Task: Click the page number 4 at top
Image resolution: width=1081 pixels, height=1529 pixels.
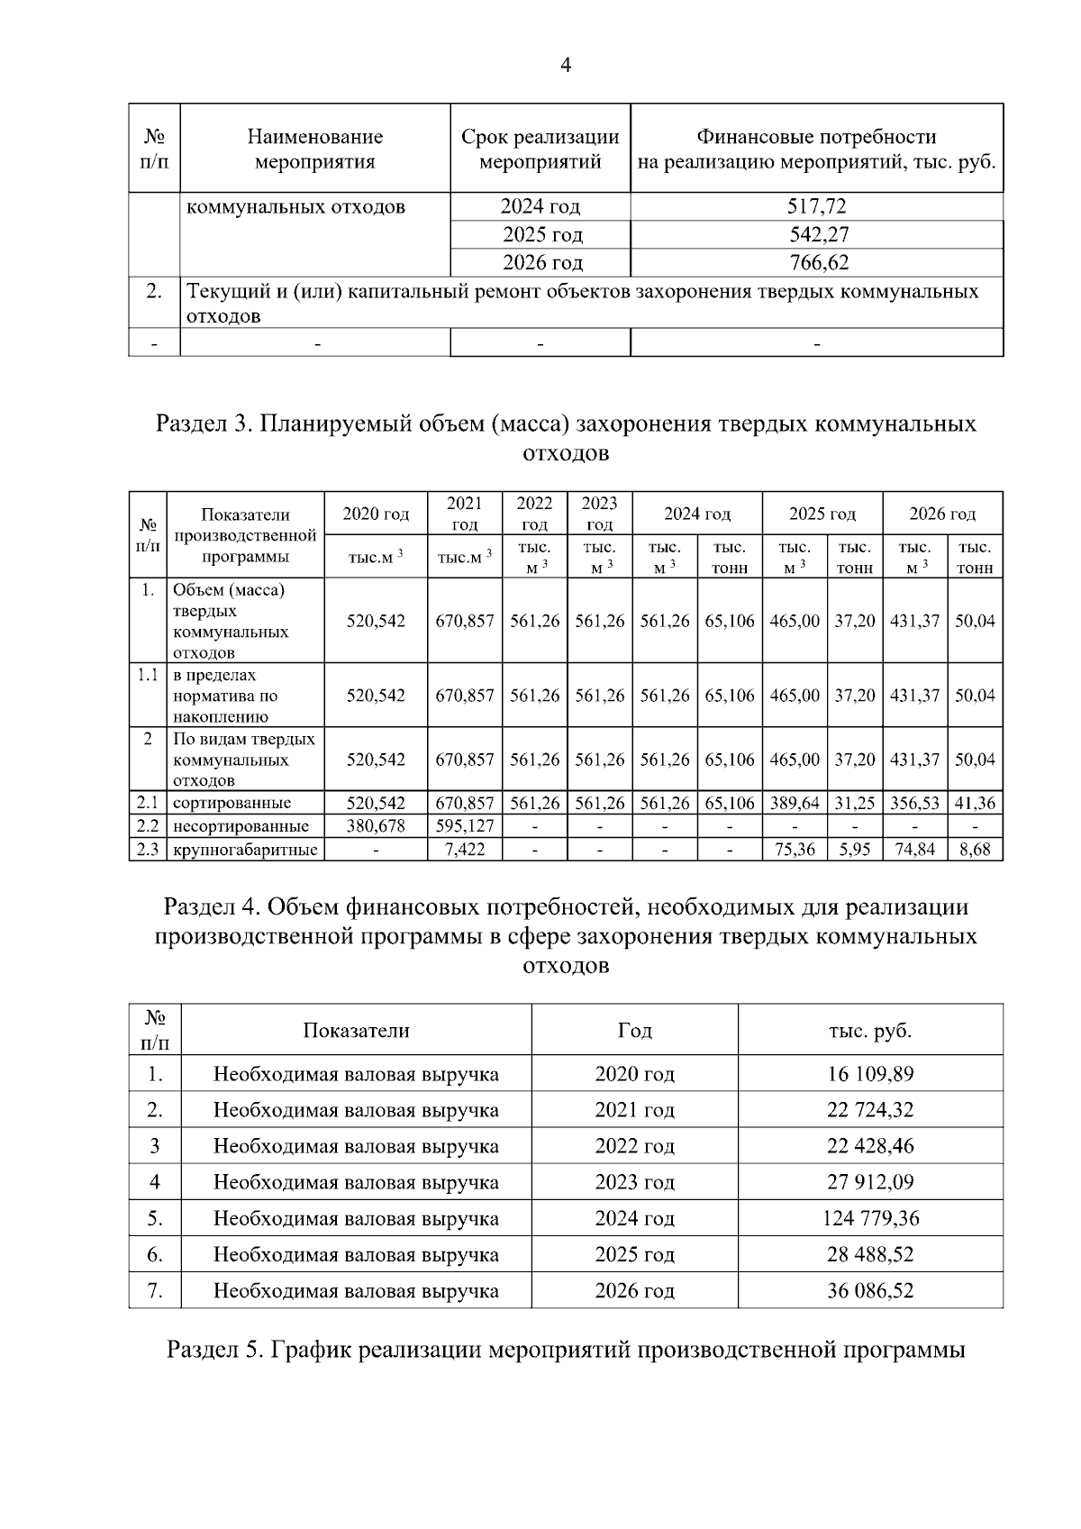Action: [x=566, y=65]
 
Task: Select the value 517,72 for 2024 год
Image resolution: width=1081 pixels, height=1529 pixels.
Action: [x=816, y=206]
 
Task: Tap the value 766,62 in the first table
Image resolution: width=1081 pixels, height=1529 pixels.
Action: [x=816, y=263]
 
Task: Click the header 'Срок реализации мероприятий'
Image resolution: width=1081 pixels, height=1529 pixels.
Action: [x=540, y=150]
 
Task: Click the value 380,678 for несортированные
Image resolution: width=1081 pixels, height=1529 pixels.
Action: [x=376, y=826]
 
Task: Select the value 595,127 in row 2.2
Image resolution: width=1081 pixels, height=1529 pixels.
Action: [x=465, y=826]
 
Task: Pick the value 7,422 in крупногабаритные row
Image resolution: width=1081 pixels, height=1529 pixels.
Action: [x=465, y=850]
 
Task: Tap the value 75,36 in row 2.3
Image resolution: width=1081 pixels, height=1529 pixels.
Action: [x=795, y=850]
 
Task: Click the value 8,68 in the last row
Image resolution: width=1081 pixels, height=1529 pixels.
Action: [x=975, y=850]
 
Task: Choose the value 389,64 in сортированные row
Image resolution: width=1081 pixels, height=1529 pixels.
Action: [x=795, y=803]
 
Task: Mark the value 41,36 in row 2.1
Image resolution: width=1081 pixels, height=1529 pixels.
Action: [x=975, y=803]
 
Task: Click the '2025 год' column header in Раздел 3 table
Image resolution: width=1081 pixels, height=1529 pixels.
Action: [x=822, y=514]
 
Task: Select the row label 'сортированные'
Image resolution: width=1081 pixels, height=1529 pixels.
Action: [x=232, y=803]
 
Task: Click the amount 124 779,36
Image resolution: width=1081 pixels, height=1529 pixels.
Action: [x=870, y=1219]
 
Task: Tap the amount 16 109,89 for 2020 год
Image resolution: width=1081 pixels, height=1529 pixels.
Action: [x=870, y=1074]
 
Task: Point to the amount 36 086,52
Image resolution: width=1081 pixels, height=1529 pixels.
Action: [x=870, y=1291]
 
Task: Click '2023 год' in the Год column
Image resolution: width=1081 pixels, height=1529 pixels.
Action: [x=634, y=1182]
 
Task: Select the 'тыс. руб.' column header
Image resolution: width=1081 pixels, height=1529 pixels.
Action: [x=870, y=1031]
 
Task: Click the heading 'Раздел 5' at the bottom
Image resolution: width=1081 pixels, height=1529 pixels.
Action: [x=566, y=1351]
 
